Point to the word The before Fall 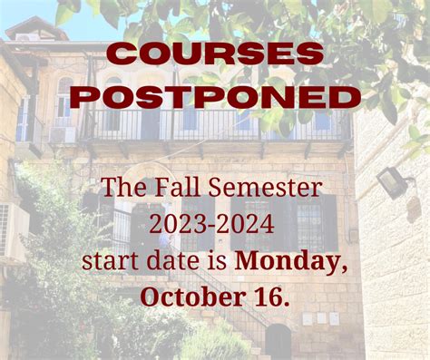click(122, 190)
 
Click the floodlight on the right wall click(391, 180)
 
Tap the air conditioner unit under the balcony click(62, 134)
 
